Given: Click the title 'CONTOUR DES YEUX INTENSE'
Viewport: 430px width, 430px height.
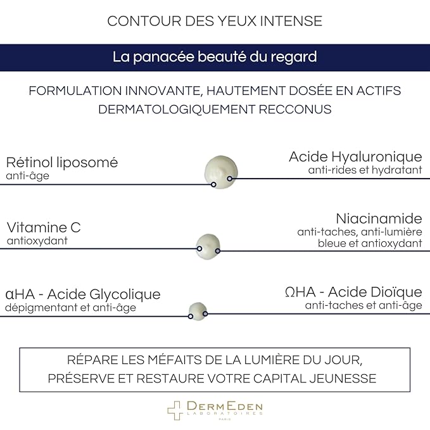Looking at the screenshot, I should pyautogui.click(x=215, y=21).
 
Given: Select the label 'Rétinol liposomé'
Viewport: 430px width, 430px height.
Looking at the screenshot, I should pyautogui.click(x=62, y=162).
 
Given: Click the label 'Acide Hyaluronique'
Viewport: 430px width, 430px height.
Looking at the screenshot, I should pyautogui.click(x=355, y=156).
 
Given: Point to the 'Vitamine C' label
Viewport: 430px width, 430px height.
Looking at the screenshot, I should pyautogui.click(x=44, y=227).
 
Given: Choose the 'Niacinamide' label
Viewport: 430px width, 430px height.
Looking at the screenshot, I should pyautogui.click(x=379, y=218).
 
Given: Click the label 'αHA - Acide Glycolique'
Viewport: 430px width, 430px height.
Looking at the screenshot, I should pyautogui.click(x=83, y=294).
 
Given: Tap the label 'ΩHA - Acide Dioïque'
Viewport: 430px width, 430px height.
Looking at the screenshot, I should pyautogui.click(x=353, y=292).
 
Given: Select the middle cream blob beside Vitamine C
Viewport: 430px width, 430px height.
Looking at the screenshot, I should pyautogui.click(x=208, y=243).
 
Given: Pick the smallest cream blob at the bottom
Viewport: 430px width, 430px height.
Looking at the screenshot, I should pyautogui.click(x=198, y=310).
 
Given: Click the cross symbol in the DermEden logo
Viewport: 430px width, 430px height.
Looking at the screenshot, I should pyautogui.click(x=175, y=410).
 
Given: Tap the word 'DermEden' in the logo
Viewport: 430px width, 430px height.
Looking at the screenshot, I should pyautogui.click(x=225, y=405).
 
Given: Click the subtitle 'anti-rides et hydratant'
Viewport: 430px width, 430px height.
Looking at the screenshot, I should pyautogui.click(x=365, y=170).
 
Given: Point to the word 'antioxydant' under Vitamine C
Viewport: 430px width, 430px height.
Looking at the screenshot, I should pyautogui.click(x=37, y=241).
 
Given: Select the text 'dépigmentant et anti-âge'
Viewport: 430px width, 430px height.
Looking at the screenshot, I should pyautogui.click(x=70, y=308).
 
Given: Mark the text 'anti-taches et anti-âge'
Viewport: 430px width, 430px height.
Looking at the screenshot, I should pyautogui.click(x=364, y=305).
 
